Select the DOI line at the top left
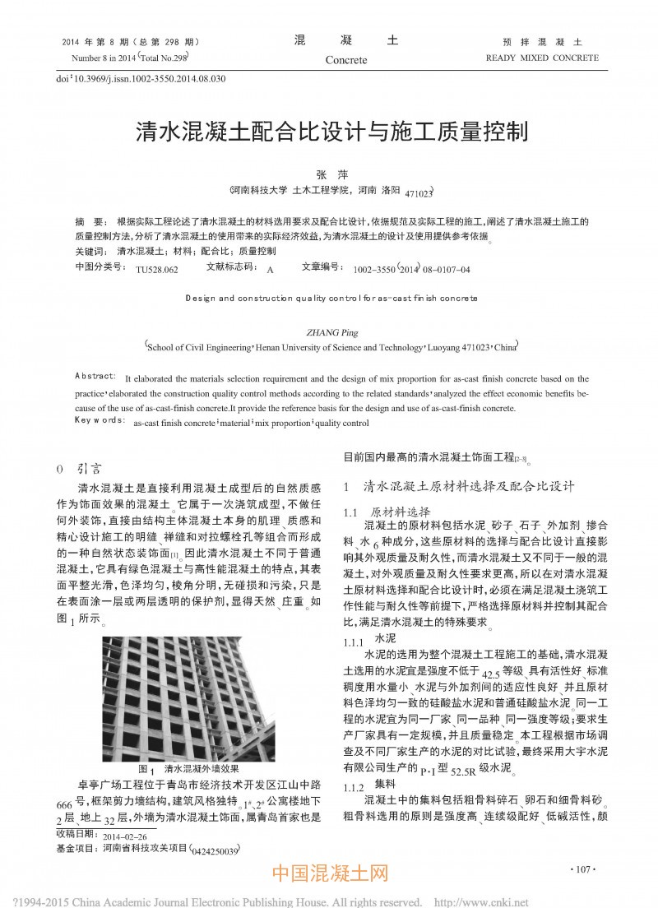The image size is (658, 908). (141, 79)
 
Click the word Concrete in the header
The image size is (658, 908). (345, 60)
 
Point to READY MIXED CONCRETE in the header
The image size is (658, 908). (542, 58)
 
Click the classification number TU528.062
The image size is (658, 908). (156, 269)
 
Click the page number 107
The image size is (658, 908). (581, 869)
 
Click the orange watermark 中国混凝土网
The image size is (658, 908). (329, 873)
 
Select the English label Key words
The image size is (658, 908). (97, 420)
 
